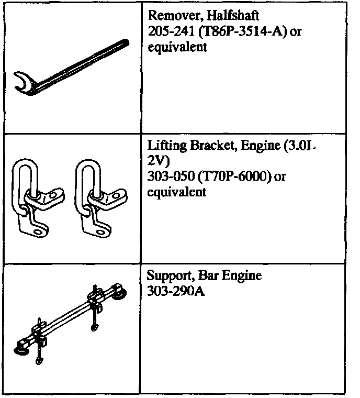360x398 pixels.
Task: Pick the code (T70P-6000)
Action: [229, 177]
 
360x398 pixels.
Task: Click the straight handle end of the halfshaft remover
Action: [125, 43]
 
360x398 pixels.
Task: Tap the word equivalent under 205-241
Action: [171, 48]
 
